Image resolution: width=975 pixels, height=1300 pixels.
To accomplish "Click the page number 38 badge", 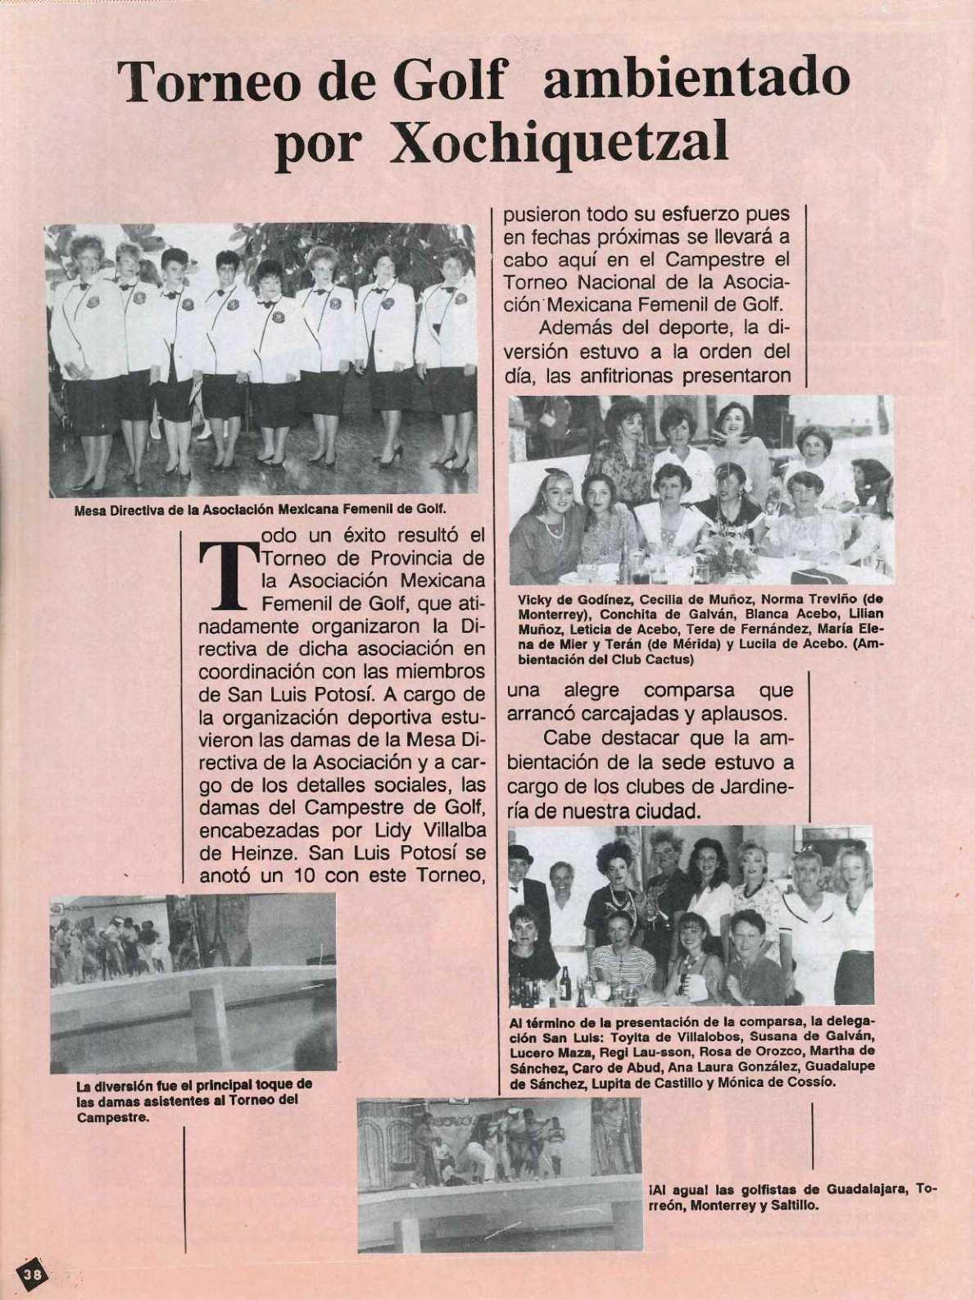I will tap(34, 1274).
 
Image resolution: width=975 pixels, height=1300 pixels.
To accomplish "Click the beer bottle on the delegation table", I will tap(564, 983).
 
